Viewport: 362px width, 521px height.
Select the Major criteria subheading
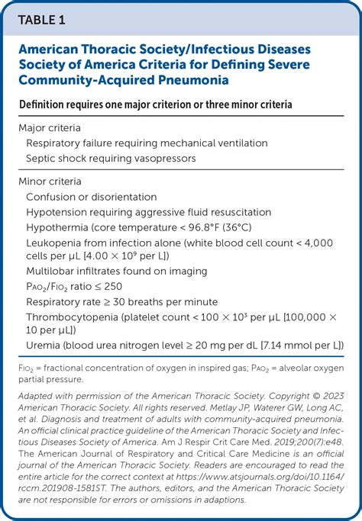(50, 127)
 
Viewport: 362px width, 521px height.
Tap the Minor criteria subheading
(50, 182)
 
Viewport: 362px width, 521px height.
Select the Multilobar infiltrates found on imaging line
(116, 271)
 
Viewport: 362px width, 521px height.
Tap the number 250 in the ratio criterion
(112, 286)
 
